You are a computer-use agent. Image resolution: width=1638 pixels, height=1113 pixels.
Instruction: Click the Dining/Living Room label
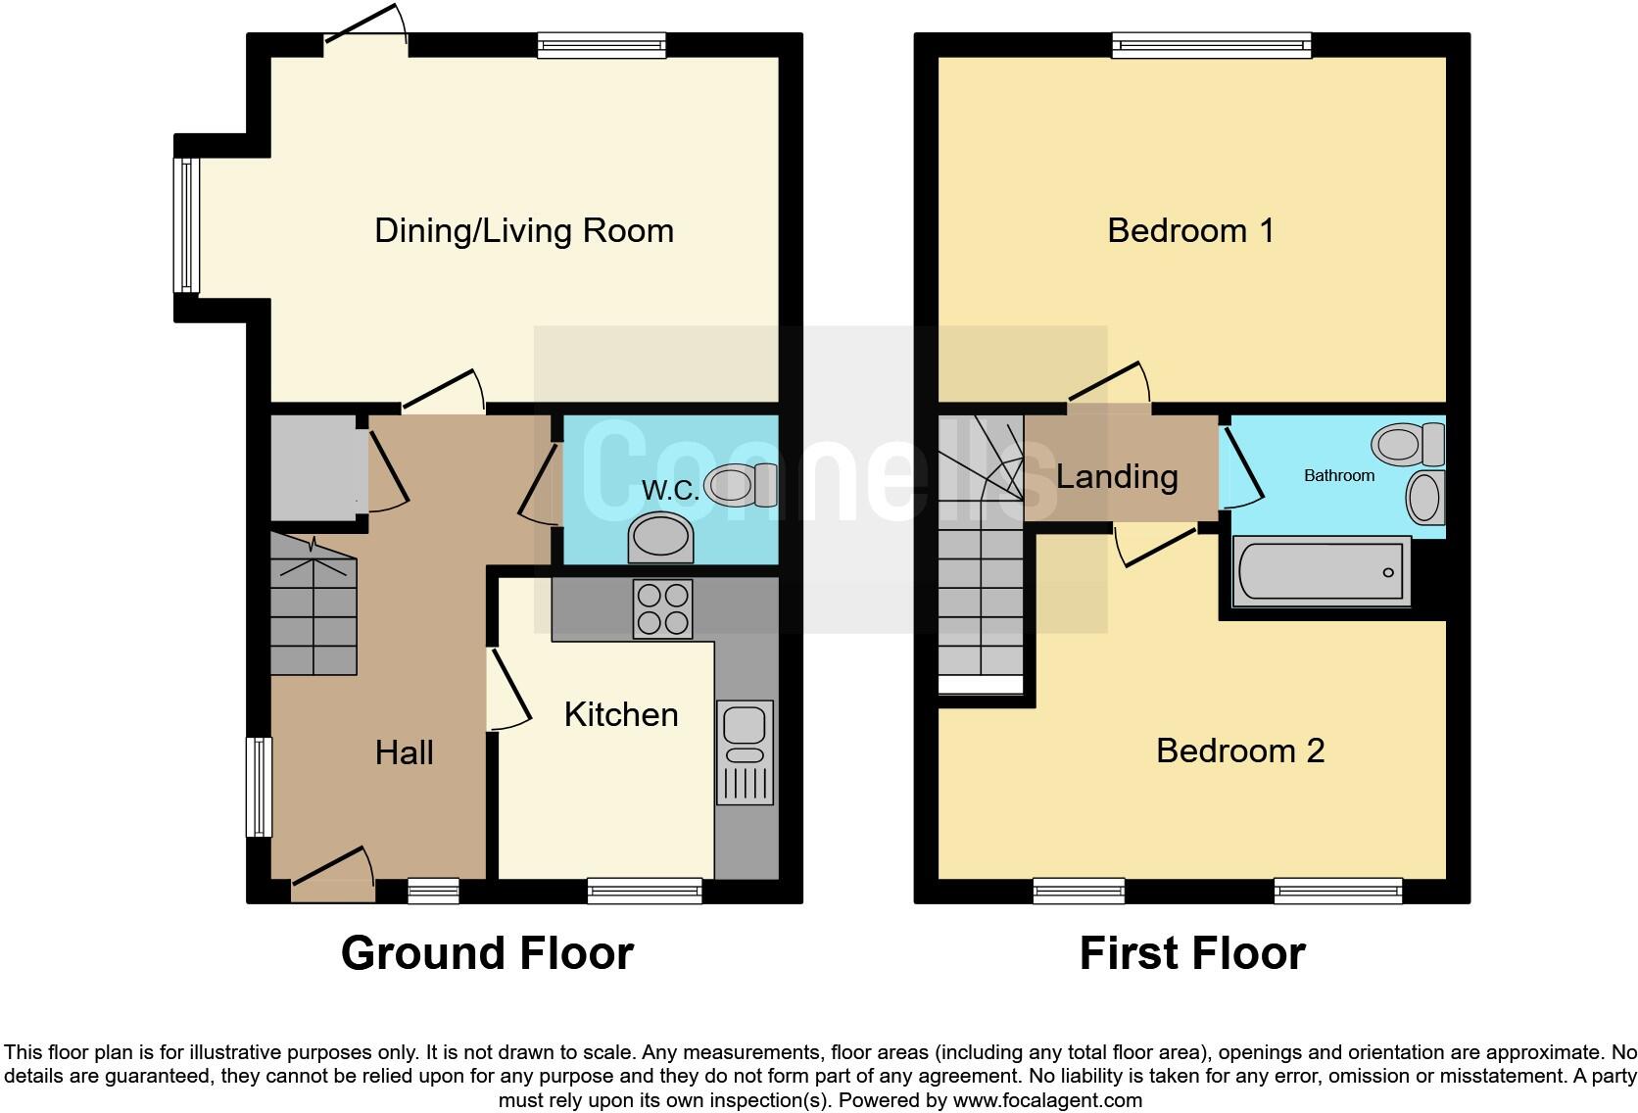click(x=524, y=231)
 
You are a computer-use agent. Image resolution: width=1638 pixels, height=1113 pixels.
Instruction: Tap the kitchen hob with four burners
click(x=662, y=608)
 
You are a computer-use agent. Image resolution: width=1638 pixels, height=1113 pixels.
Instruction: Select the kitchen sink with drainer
click(x=745, y=750)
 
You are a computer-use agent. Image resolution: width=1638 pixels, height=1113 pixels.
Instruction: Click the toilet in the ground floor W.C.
click(x=742, y=484)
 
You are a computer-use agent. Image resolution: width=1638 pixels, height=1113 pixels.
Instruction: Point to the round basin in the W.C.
click(x=659, y=539)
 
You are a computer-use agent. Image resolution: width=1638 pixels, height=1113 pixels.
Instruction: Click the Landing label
click(x=1117, y=477)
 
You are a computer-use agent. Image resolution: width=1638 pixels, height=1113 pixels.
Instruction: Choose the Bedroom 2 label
click(x=1240, y=751)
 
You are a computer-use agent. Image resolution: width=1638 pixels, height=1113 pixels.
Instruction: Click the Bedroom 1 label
click(x=1190, y=231)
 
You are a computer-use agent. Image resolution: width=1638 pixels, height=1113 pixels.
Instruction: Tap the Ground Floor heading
click(x=487, y=953)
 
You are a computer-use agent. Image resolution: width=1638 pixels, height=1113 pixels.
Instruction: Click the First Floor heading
click(x=1192, y=953)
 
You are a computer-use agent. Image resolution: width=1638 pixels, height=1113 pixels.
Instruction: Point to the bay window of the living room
click(x=186, y=225)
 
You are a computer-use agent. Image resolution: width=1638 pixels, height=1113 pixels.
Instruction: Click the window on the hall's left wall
click(x=259, y=787)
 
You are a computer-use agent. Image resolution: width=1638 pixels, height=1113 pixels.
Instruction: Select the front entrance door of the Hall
click(x=333, y=877)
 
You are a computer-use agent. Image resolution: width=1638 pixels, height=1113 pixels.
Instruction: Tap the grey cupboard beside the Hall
click(x=313, y=467)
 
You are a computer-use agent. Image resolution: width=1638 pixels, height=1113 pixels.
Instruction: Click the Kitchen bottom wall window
click(x=645, y=890)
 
